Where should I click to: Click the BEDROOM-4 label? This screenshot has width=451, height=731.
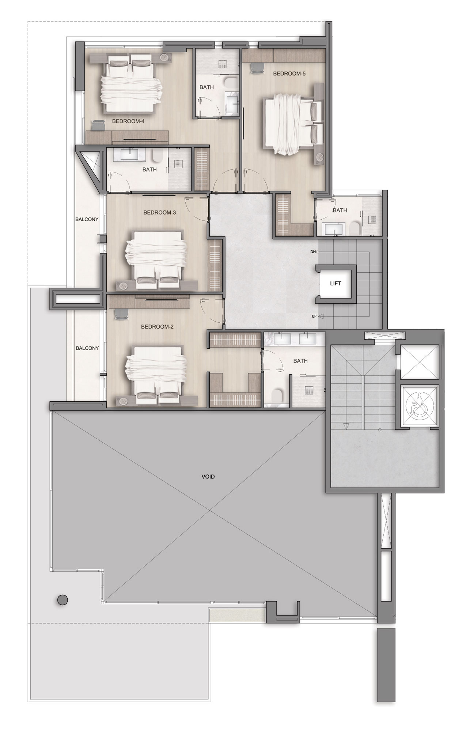click(x=128, y=121)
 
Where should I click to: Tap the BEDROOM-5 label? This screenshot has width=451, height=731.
click(x=289, y=73)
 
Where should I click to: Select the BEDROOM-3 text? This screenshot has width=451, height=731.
click(x=159, y=212)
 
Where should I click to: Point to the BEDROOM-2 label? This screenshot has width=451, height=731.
click(x=157, y=327)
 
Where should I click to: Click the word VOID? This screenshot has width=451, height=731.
click(x=208, y=477)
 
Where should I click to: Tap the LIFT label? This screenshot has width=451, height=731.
click(x=335, y=283)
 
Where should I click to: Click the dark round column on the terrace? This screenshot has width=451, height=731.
click(x=62, y=600)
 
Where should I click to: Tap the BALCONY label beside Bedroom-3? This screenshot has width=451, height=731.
click(x=87, y=219)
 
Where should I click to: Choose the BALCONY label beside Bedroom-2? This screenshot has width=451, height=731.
click(x=87, y=348)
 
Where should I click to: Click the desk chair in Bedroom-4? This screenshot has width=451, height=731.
click(x=97, y=125)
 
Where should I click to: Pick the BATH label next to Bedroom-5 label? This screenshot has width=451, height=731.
click(x=206, y=87)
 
